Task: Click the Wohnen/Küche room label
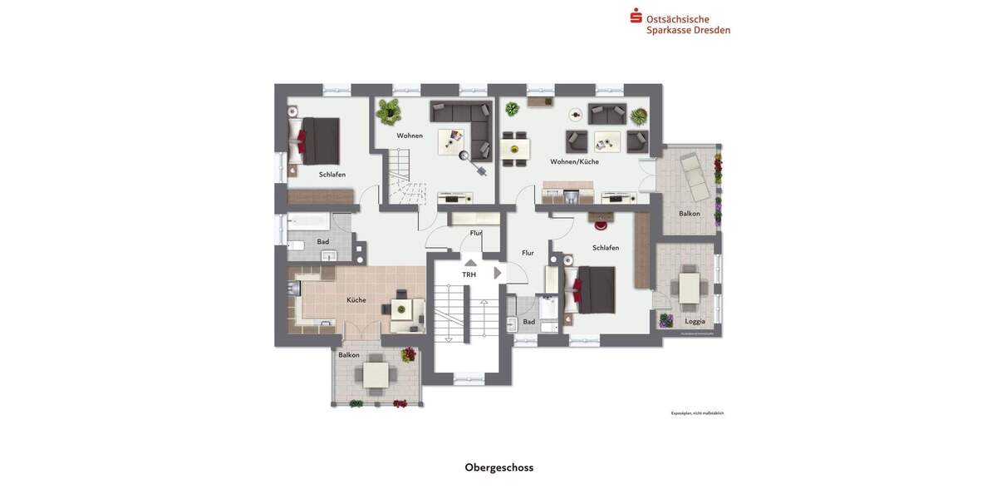coord(574,161)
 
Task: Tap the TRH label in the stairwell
coord(469,274)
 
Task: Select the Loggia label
coord(695,321)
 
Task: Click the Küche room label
coord(356,300)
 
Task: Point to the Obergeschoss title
coord(498,467)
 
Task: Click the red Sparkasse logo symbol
coord(636,15)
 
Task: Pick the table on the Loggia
coord(690,288)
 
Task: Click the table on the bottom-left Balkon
coord(376,375)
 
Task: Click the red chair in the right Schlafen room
coord(601,222)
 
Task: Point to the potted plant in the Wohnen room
coord(388,109)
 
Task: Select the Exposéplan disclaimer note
coord(697,413)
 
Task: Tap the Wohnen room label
coord(410,136)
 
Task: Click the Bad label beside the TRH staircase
coord(529,322)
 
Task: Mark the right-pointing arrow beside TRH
coord(497,273)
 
